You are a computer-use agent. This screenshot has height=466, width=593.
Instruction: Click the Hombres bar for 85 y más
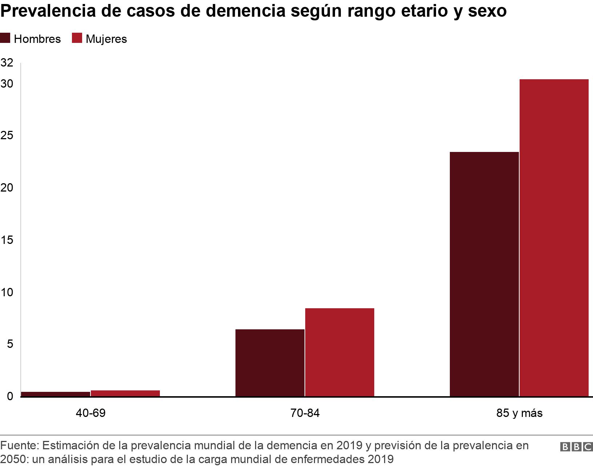(484, 274)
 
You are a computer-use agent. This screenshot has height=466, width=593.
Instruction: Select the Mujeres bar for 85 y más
(554, 238)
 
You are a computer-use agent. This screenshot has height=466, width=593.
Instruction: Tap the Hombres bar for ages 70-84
(270, 363)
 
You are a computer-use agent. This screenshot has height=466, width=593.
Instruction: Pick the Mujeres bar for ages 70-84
(339, 352)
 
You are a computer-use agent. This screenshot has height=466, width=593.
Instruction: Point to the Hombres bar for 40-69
(55, 394)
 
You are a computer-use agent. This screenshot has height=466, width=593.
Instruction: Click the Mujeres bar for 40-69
(125, 393)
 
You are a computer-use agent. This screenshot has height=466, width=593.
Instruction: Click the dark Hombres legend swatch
(5, 39)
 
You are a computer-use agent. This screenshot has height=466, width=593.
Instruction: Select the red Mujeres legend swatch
(77, 39)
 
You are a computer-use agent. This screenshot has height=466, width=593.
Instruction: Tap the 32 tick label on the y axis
(7, 63)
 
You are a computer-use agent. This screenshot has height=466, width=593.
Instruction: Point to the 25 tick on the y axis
(7, 136)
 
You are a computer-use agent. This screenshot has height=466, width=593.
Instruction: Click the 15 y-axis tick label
(7, 240)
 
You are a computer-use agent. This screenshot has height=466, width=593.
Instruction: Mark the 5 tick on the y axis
(10, 344)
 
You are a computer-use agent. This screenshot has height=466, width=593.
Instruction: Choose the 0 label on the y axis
(10, 396)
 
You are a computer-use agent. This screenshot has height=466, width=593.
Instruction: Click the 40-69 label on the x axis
(90, 413)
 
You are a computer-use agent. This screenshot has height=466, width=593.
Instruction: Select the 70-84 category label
(305, 413)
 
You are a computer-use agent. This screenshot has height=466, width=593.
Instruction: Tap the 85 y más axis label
(519, 413)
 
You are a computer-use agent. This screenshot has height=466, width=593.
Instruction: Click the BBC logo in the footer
(576, 447)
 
